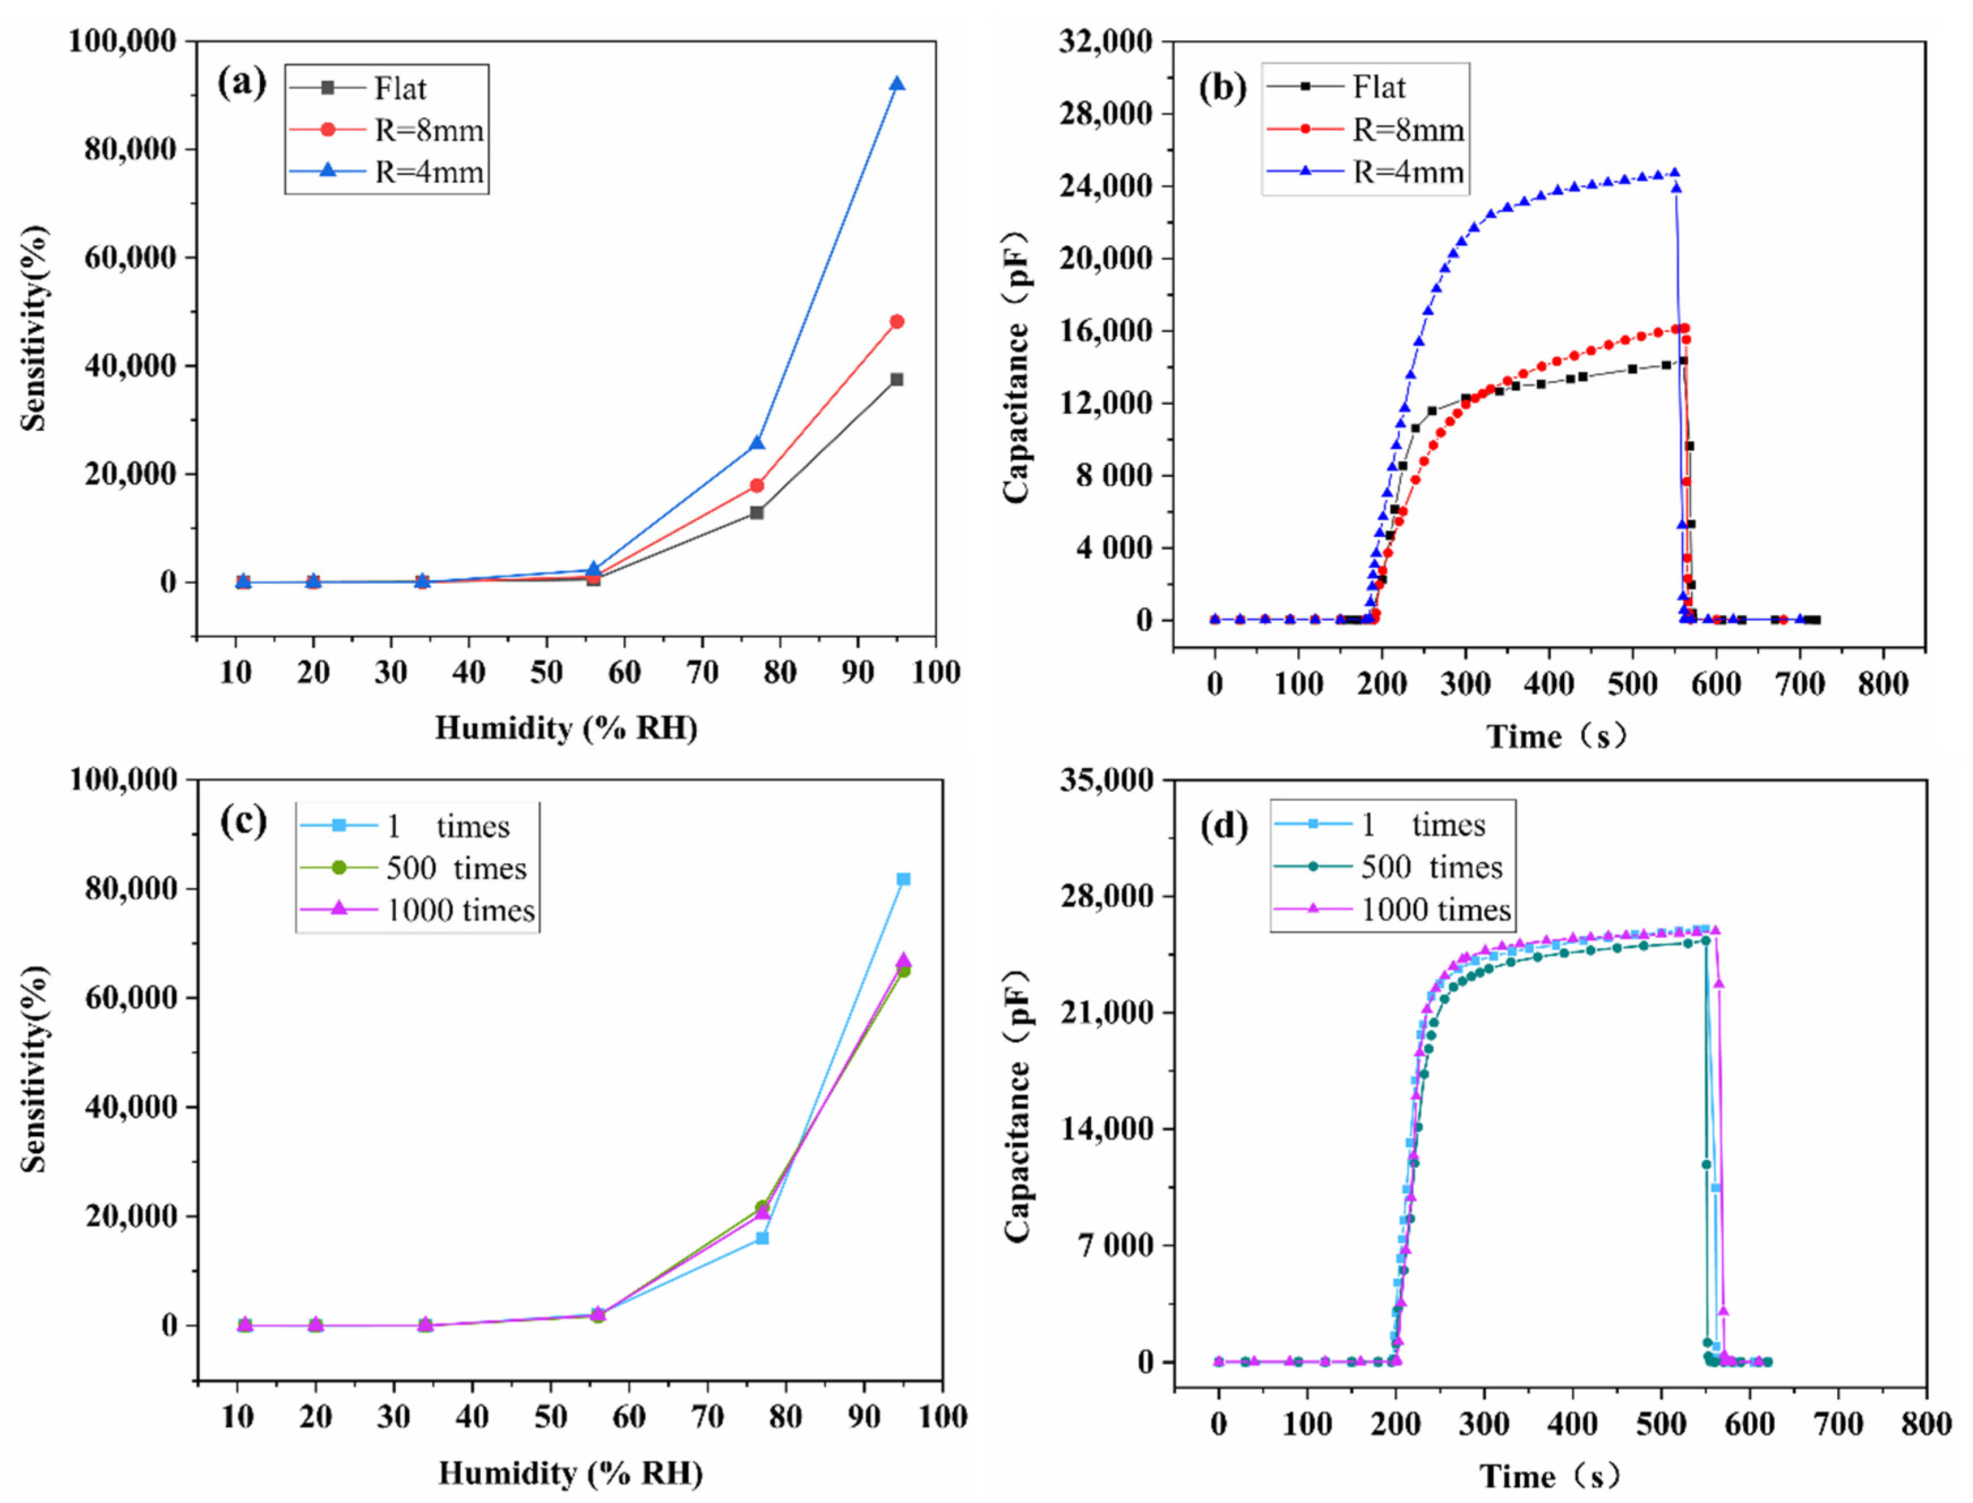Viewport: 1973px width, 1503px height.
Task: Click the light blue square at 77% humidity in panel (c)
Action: coord(762,1238)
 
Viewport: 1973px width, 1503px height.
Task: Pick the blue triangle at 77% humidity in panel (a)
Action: coord(757,443)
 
